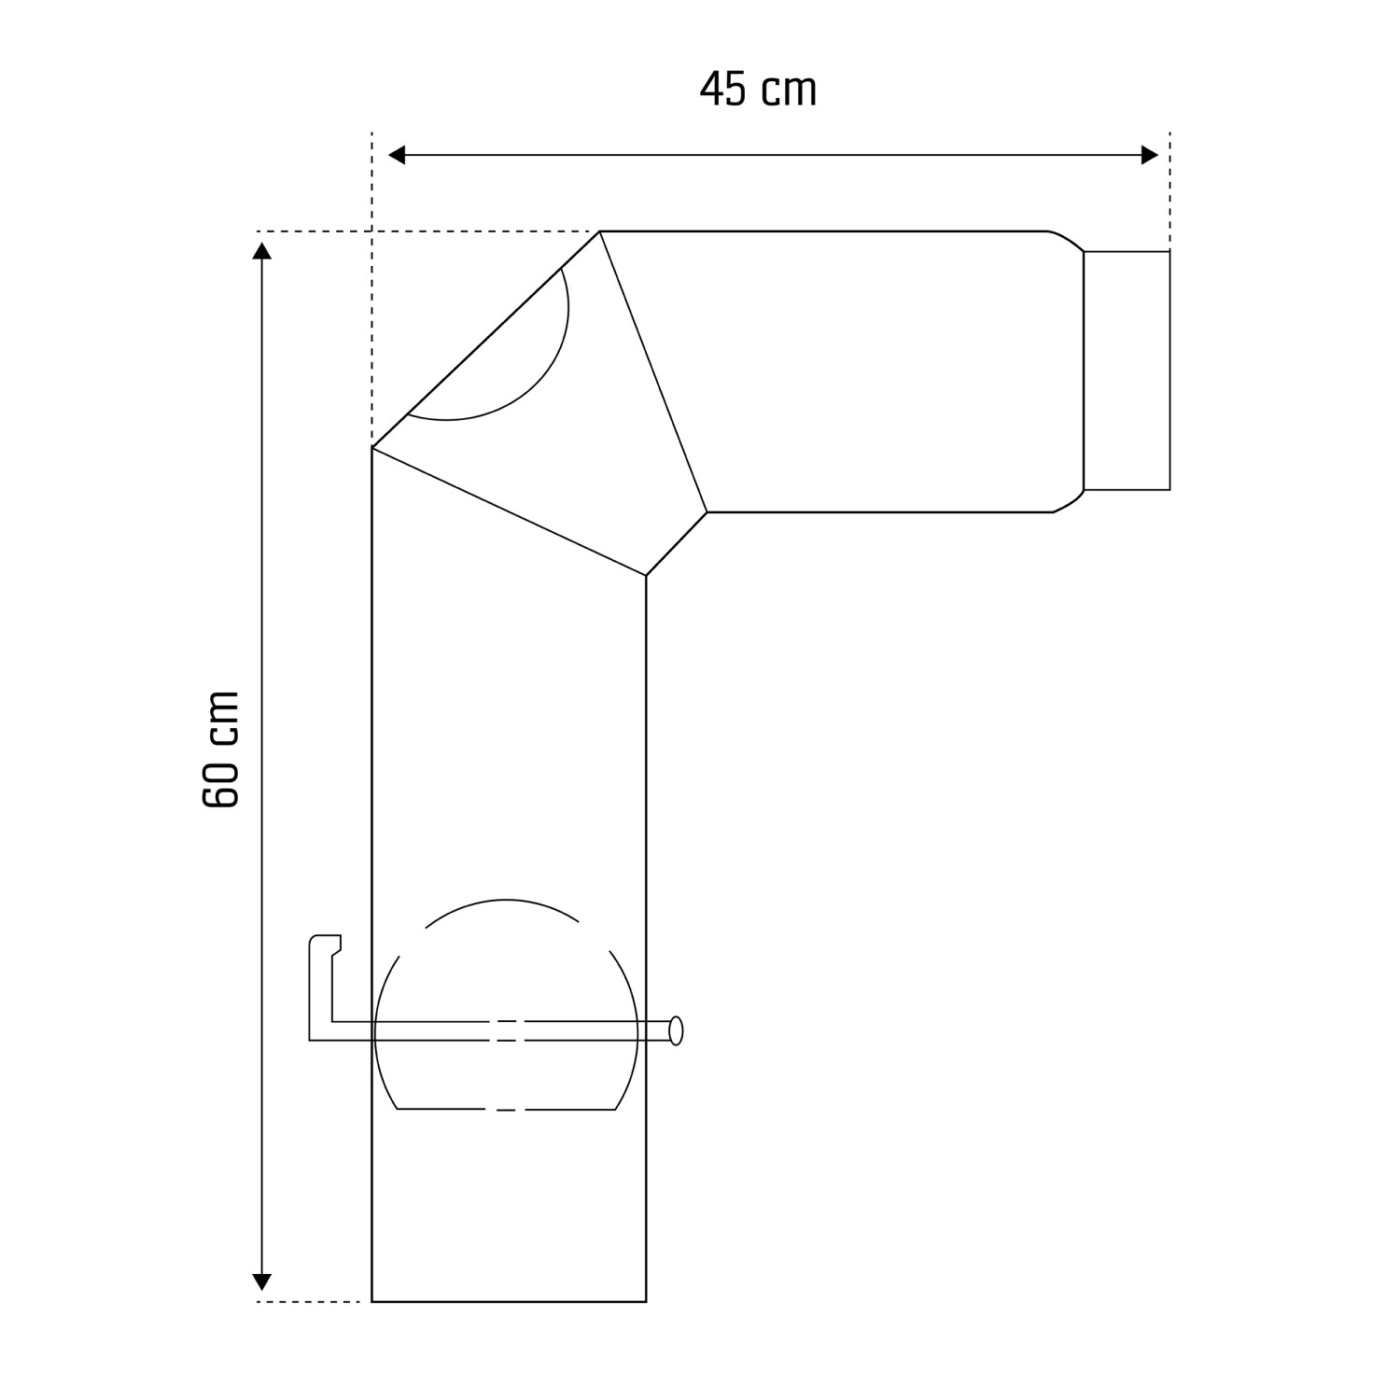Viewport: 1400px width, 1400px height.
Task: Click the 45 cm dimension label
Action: (x=758, y=90)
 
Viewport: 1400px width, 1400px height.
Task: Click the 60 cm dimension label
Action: (x=221, y=749)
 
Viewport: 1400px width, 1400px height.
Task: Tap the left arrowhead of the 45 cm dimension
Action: (x=397, y=155)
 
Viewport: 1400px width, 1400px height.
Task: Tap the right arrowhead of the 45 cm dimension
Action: (x=1149, y=155)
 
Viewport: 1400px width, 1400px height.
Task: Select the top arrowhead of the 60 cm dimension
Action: (x=262, y=250)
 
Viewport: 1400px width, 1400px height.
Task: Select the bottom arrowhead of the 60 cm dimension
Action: (x=262, y=1281)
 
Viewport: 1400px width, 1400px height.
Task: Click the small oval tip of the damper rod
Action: (x=677, y=1030)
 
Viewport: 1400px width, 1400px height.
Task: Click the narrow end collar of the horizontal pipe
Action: (x=1127, y=371)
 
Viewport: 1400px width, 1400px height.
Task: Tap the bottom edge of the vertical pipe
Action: (x=509, y=1301)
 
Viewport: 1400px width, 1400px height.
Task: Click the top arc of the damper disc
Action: (x=505, y=901)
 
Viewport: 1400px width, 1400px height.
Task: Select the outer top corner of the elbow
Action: (x=599, y=231)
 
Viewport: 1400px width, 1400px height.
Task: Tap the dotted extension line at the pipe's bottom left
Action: (x=308, y=1301)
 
